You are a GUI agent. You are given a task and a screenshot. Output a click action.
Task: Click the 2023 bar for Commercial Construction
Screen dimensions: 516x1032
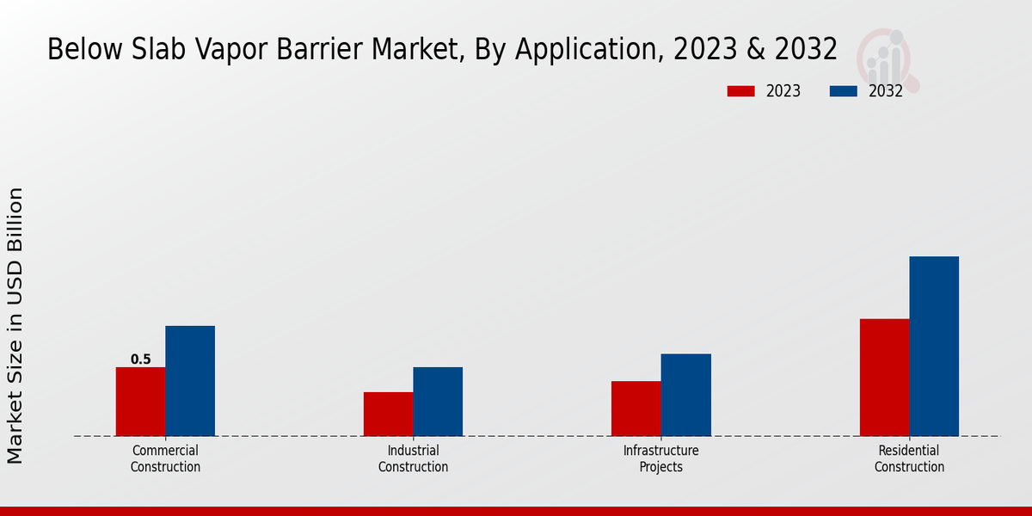(140, 402)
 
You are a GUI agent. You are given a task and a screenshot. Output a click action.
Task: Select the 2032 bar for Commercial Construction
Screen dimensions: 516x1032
(190, 381)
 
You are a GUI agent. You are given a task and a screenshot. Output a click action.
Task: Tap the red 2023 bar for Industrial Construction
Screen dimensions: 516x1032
(388, 414)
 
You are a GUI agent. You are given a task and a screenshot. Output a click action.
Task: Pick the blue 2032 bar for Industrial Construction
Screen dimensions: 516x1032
(438, 402)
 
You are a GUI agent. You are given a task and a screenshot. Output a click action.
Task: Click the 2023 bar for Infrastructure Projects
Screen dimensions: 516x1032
(636, 408)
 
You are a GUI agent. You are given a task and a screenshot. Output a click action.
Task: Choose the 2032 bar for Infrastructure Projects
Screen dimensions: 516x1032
(686, 395)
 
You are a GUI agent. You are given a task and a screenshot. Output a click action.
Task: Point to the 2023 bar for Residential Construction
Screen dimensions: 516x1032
(884, 378)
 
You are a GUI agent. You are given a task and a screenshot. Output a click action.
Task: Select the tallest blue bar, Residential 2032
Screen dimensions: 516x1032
(934, 346)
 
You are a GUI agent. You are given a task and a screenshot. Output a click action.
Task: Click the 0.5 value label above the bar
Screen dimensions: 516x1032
(140, 359)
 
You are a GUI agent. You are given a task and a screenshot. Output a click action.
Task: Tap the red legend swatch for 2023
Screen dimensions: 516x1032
(740, 91)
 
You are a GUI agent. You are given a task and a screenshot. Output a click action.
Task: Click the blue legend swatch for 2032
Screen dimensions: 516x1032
(844, 91)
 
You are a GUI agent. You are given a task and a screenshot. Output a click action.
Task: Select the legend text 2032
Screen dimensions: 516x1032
(886, 91)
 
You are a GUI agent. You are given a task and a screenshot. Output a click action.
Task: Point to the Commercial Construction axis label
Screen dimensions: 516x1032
(165, 459)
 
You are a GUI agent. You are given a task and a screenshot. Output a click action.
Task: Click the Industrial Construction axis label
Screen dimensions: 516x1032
(413, 459)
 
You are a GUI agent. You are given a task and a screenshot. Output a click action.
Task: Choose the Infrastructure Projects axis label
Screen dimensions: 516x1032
(661, 459)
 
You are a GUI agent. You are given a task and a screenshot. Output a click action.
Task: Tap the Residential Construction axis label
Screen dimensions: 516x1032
(909, 459)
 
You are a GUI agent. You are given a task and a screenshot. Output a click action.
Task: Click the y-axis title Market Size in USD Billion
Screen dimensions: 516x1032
(15, 325)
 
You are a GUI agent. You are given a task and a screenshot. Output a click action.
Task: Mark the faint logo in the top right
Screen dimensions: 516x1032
(887, 58)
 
